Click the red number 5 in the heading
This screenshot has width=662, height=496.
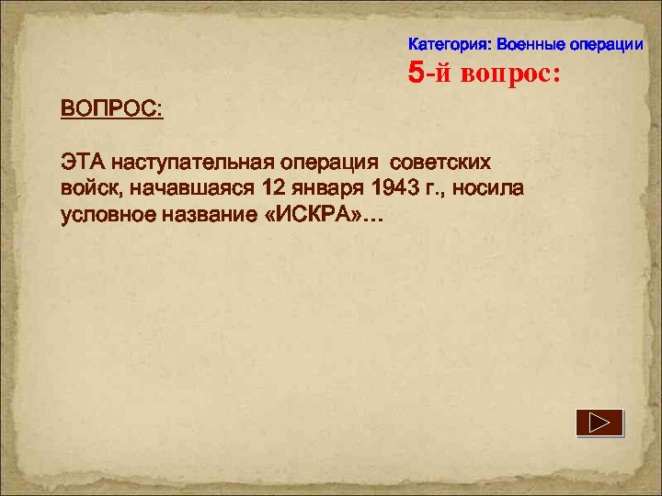pos(417,73)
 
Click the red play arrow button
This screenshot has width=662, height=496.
pos(599,423)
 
